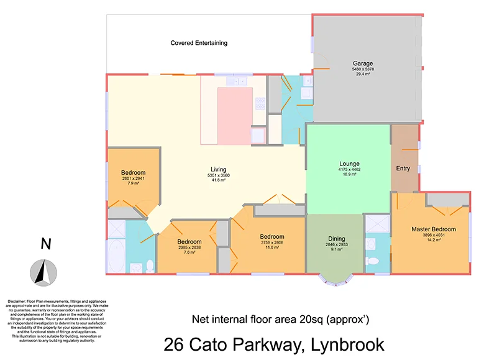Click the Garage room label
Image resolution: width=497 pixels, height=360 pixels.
pos(363,63)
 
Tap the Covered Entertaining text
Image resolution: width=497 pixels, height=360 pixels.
pos(199,43)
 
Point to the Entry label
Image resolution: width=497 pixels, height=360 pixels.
pos(403,168)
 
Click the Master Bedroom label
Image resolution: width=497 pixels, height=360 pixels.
pos(433,229)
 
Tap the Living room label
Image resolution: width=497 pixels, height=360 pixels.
pos(218,169)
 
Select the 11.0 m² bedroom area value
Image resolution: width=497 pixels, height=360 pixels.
pos(272,247)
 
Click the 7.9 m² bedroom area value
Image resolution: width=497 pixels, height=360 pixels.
pos(133,183)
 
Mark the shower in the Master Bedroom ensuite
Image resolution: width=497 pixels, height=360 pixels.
pos(376,224)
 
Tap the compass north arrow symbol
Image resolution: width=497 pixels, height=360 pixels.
pos(43,270)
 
